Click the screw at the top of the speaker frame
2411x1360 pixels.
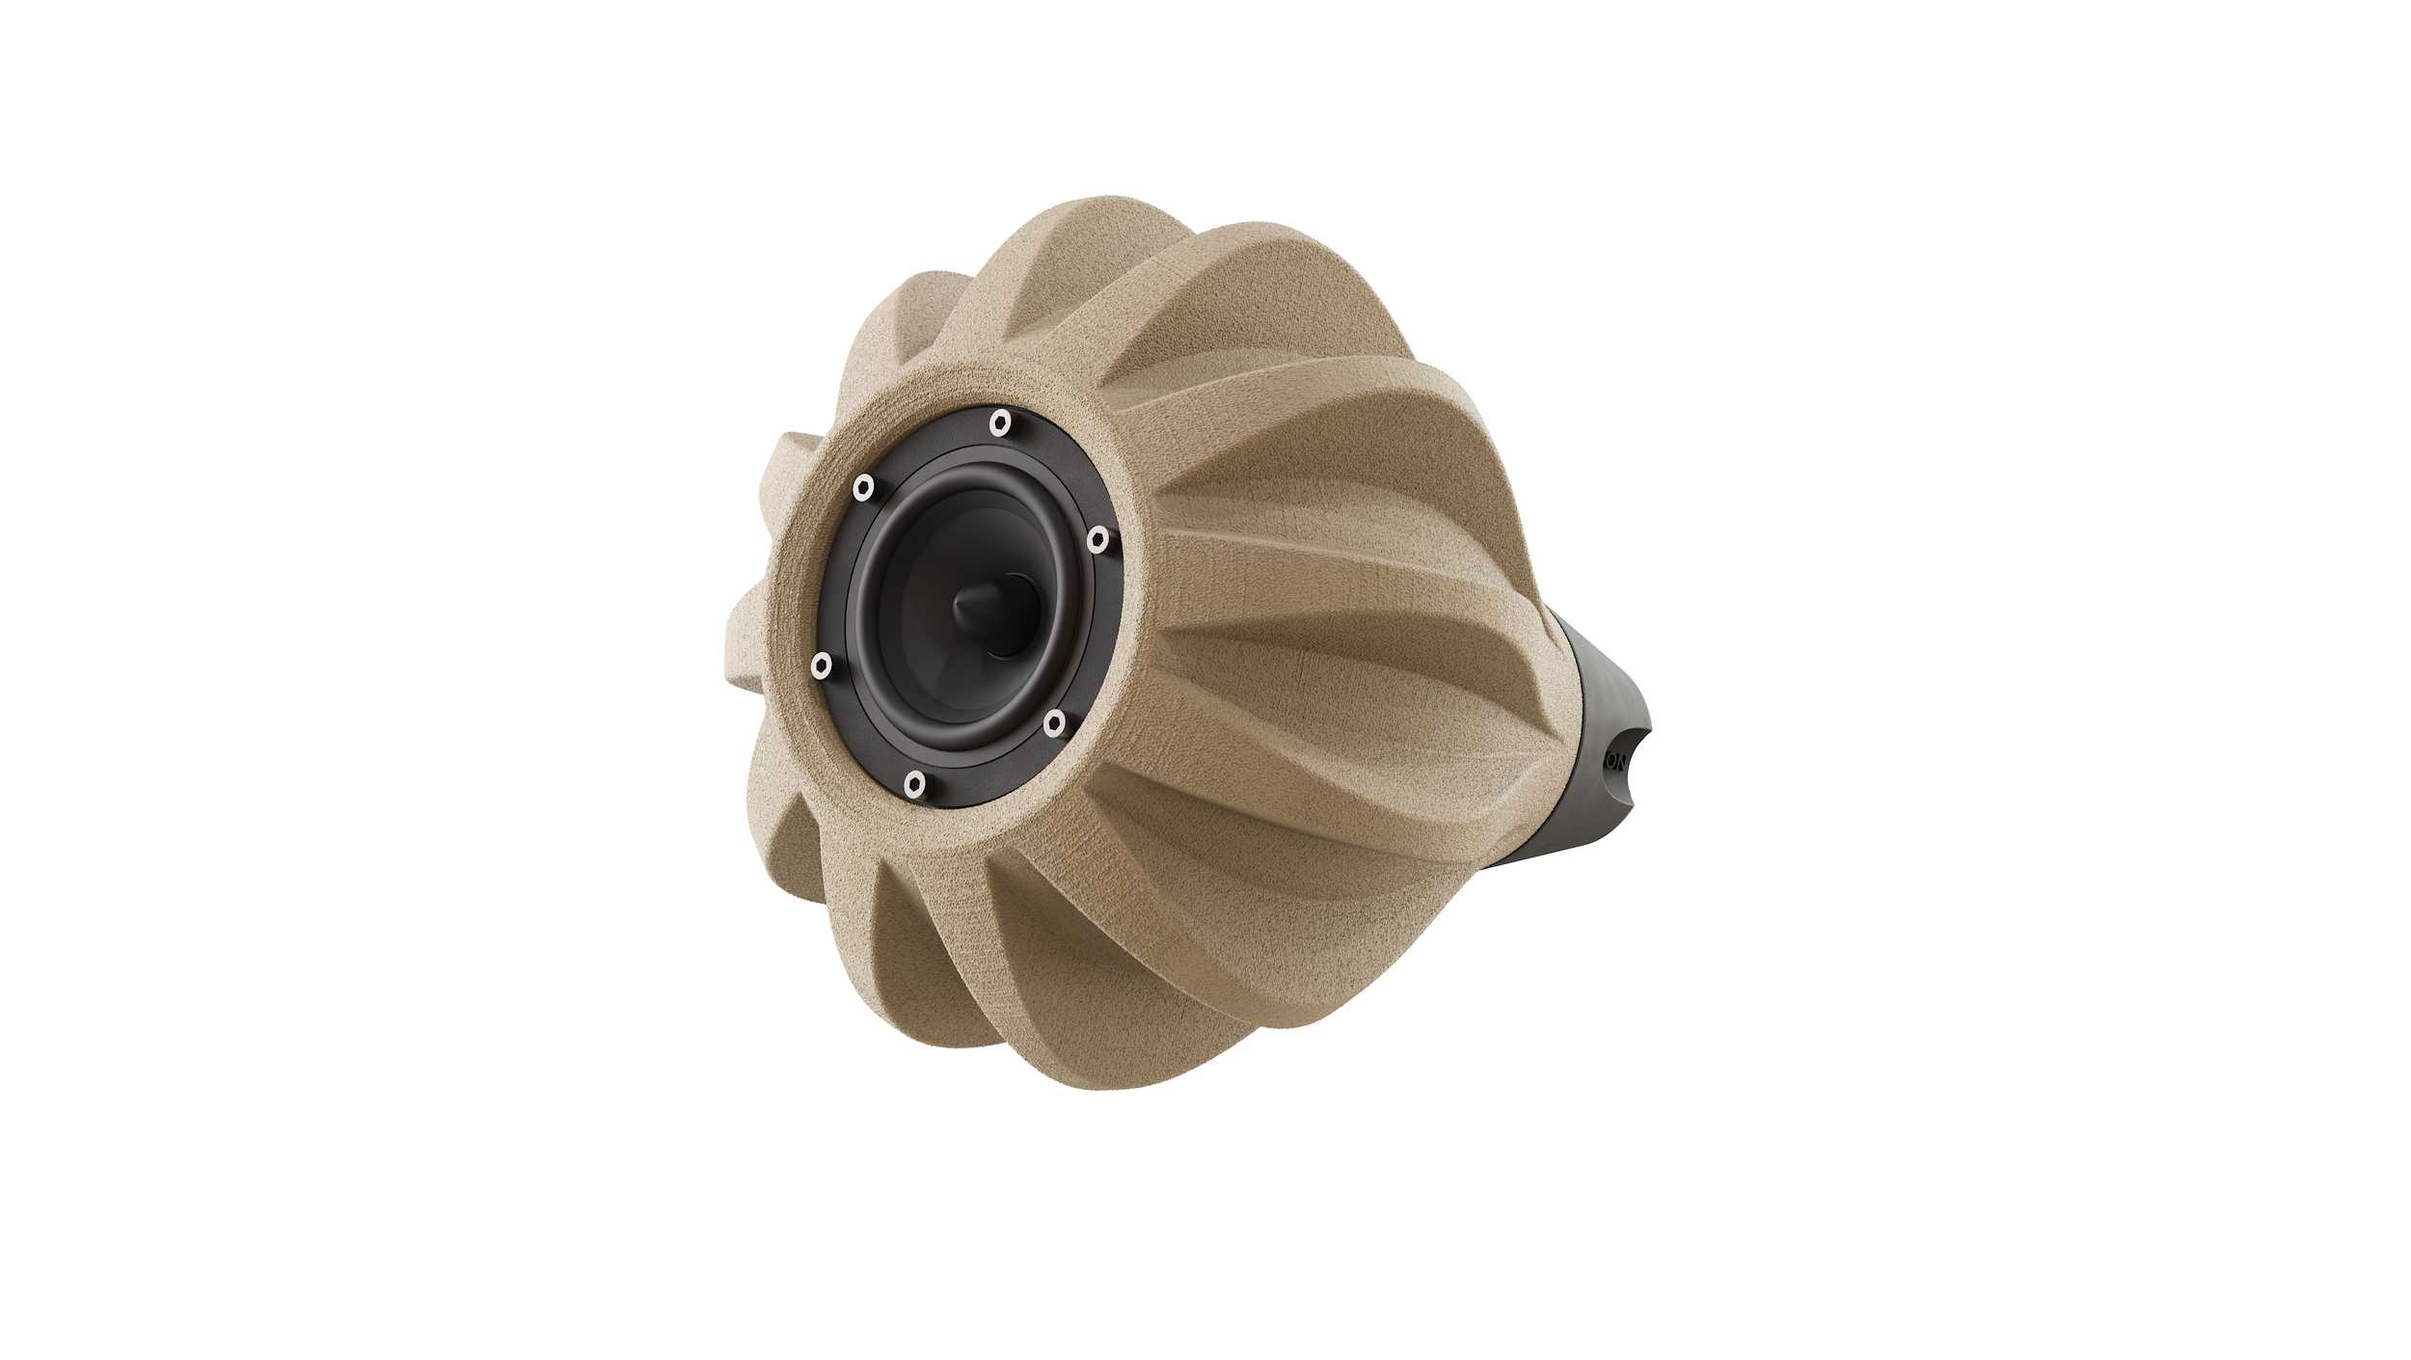pyautogui.click(x=1001, y=422)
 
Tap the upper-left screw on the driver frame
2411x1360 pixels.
pyautogui.click(x=863, y=487)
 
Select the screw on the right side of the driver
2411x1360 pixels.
pyautogui.click(x=1097, y=540)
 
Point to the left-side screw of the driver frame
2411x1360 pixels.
pyautogui.click(x=822, y=665)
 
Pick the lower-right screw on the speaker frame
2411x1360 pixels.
pyautogui.click(x=1054, y=721)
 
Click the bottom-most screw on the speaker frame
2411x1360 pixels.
pyautogui.click(x=915, y=783)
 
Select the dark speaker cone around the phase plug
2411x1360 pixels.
pyautogui.click(x=926, y=666)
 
